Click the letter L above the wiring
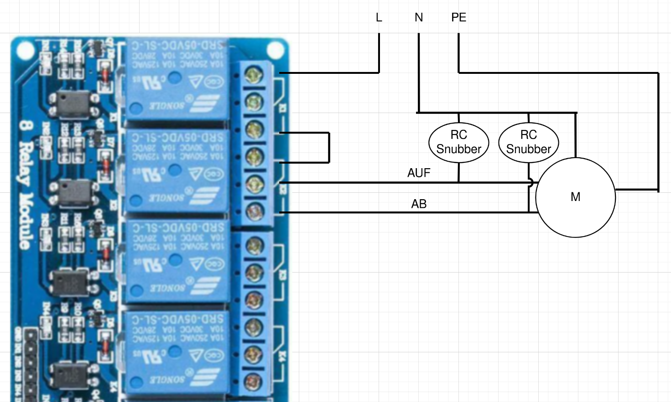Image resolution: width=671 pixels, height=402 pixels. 379,17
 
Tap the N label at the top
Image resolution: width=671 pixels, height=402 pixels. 419,17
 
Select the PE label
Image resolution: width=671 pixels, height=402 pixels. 458,17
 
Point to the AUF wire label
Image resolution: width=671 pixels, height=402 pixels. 419,173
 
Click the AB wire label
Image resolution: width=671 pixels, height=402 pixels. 419,204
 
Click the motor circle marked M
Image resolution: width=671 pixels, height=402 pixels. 575,197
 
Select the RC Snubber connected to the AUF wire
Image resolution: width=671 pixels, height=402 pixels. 458,142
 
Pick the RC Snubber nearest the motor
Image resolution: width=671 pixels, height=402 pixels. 529,142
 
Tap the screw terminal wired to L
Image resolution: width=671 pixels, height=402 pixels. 254,75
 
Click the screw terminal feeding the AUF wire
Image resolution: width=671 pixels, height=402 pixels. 254,184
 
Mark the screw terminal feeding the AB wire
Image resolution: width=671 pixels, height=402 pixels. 254,211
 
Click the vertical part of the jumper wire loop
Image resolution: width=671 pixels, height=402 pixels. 328,148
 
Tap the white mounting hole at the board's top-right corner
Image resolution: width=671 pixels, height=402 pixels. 275,49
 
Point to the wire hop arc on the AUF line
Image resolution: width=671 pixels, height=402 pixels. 531,183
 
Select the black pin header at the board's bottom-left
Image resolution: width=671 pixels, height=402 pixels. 31,365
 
